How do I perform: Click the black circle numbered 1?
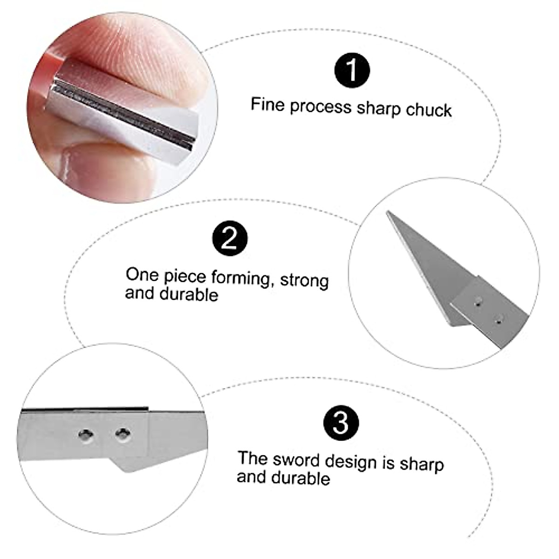352,71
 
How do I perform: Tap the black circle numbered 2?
229,239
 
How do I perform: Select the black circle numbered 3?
341,423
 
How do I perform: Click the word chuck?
429,110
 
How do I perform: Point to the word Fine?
267,104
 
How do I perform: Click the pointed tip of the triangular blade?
388,213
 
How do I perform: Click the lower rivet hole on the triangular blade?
499,320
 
